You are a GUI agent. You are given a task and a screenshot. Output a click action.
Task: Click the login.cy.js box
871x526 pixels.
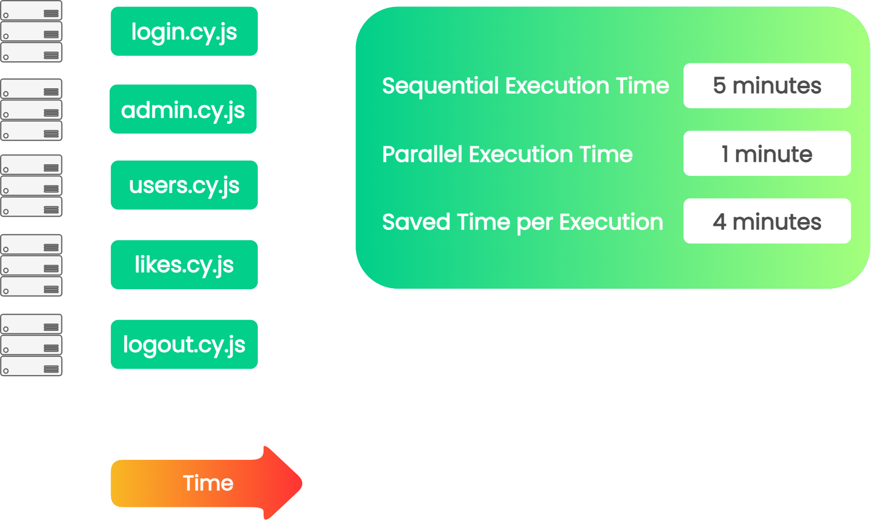(184, 31)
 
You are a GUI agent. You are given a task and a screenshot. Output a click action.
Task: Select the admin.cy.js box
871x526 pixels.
(183, 109)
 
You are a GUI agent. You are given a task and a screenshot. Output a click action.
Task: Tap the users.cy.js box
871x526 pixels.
(184, 185)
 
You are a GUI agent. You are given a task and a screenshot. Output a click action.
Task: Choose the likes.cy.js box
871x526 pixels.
(184, 265)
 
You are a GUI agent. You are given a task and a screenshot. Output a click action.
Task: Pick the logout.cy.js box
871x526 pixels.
(184, 345)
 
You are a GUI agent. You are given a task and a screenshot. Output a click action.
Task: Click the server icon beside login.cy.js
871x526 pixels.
(31, 31)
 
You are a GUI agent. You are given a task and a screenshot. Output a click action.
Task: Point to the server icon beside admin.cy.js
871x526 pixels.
(31, 110)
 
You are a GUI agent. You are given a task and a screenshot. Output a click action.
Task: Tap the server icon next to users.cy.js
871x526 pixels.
(31, 186)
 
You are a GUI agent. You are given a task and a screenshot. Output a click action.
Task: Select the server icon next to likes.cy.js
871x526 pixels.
(31, 265)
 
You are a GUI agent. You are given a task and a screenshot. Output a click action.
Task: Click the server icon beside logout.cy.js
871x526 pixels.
(31, 345)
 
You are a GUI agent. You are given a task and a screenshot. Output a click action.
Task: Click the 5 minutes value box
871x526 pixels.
(767, 86)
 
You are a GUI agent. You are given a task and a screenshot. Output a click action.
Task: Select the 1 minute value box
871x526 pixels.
(767, 153)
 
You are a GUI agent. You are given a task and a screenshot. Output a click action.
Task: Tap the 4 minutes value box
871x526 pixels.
(767, 221)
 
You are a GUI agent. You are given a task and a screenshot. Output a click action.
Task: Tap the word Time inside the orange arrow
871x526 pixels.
(208, 483)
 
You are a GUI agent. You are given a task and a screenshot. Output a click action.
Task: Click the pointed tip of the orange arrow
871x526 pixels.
(302, 483)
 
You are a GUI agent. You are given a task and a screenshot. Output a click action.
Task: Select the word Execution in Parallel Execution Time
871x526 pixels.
(521, 154)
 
